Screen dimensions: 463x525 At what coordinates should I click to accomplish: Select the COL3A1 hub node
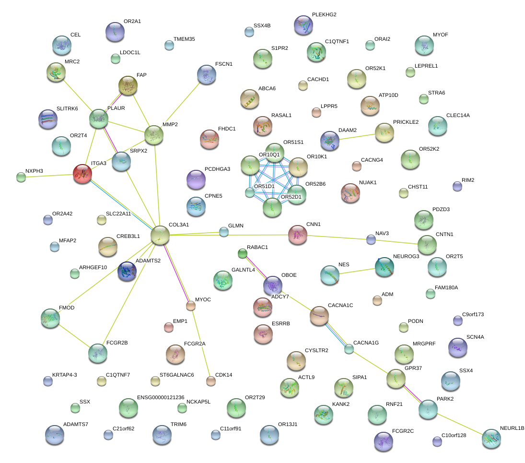[160, 235]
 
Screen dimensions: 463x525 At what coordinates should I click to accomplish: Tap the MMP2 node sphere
[154, 135]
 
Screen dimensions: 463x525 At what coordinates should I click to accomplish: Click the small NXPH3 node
[21, 177]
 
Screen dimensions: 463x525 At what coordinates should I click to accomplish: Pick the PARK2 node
[428, 409]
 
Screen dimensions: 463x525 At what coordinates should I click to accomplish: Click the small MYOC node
[191, 305]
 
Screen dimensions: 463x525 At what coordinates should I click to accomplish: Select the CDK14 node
[210, 381]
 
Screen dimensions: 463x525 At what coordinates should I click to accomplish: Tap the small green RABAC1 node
[242, 253]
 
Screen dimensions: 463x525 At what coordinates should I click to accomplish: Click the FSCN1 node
[206, 75]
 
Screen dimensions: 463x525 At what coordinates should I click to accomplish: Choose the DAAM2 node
[330, 141]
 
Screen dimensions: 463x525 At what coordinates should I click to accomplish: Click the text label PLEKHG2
[324, 15]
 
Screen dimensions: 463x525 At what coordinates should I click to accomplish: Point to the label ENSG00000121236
[161, 398]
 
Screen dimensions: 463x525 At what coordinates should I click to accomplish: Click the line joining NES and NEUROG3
[357, 272]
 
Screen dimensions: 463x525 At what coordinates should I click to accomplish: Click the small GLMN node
[224, 232]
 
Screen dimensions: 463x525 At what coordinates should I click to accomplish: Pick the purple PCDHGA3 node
[195, 179]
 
